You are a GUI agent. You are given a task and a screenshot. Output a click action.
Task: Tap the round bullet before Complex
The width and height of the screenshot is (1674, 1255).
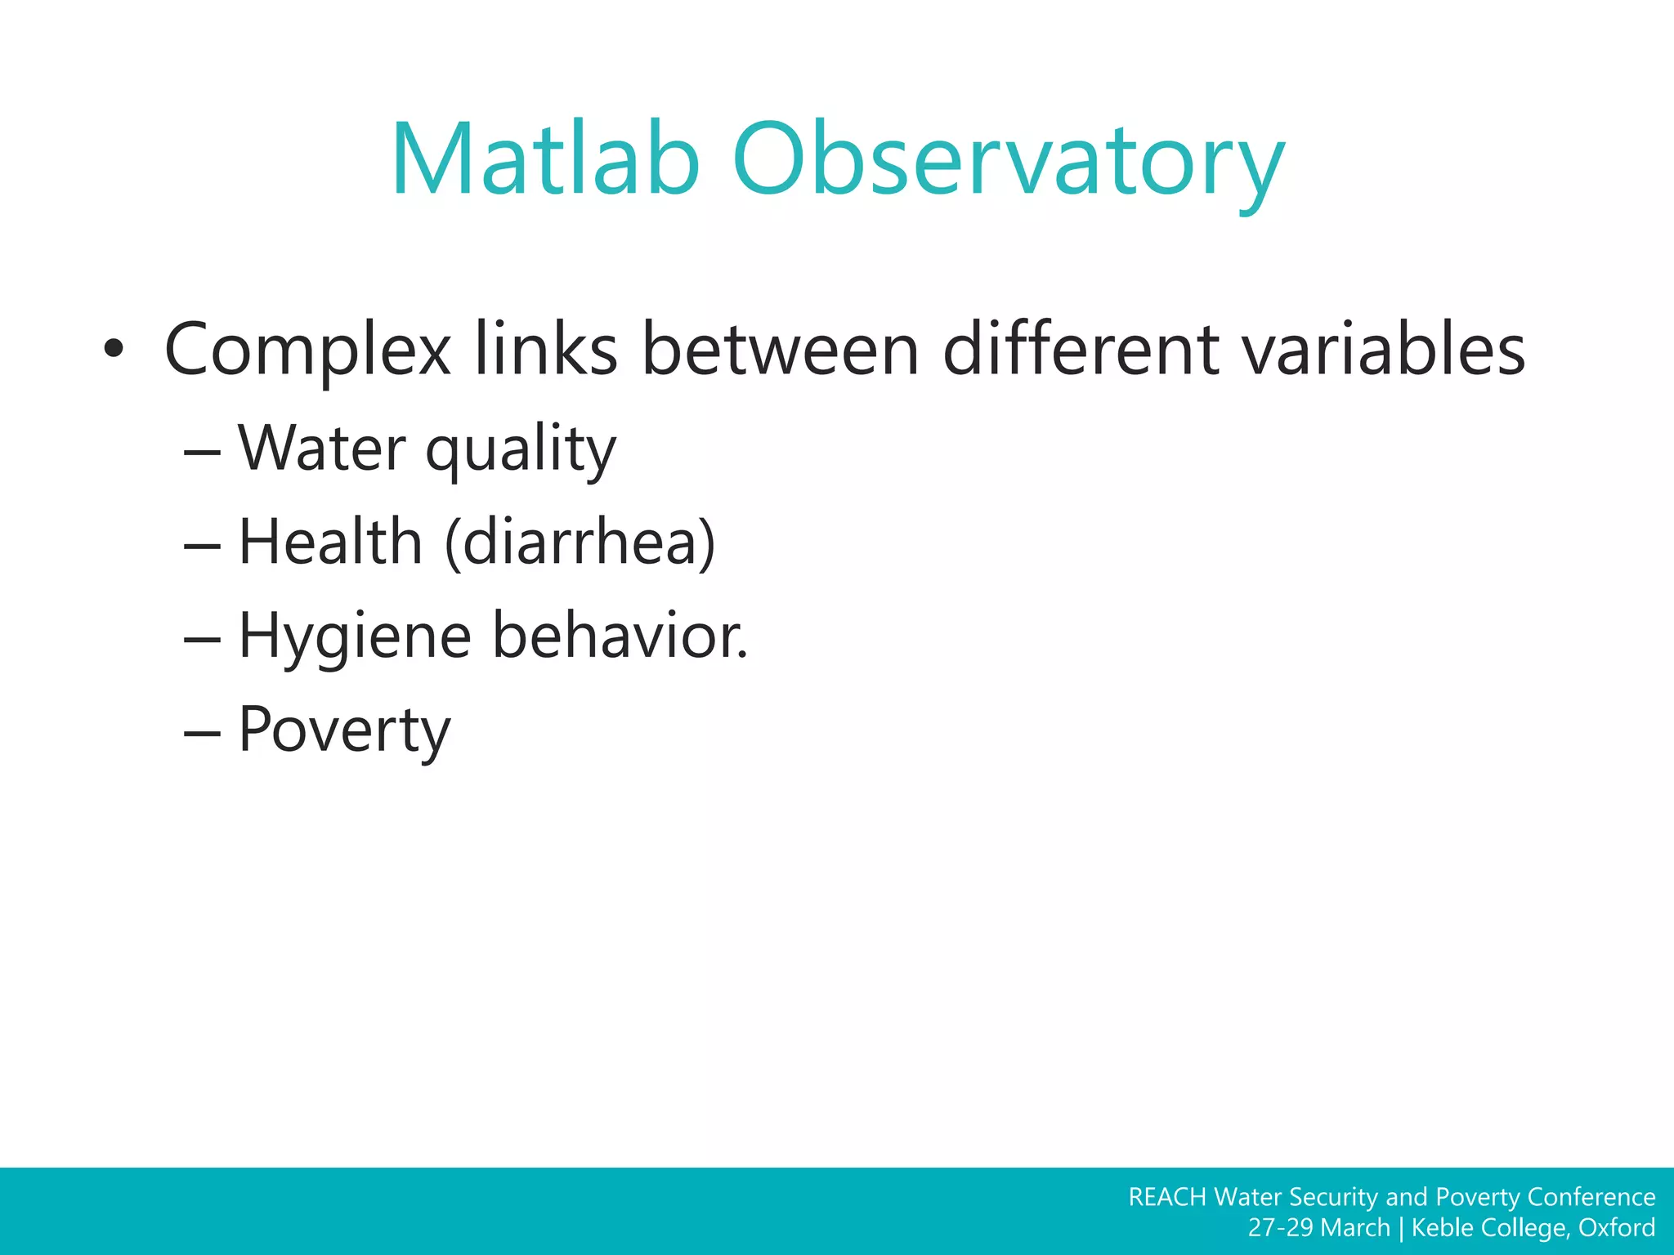[114, 350]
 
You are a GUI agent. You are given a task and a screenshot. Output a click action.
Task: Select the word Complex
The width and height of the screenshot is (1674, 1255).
[307, 350]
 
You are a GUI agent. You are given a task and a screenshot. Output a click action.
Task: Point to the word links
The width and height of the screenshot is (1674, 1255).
[545, 350]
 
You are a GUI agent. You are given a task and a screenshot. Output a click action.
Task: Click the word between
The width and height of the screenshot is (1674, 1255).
[781, 350]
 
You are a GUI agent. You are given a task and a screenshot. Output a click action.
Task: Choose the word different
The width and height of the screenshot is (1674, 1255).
[1081, 350]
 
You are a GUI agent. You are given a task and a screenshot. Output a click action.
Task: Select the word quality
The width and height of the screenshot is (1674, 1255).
[521, 451]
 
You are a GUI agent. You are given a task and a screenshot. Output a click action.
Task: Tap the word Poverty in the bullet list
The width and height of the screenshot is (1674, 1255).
[344, 730]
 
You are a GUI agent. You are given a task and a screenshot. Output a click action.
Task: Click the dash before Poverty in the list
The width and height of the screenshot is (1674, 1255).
[202, 733]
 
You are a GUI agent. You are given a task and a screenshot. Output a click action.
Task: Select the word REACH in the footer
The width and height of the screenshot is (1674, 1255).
[1166, 1197]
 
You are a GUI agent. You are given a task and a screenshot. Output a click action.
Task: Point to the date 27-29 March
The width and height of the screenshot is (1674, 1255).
[1318, 1228]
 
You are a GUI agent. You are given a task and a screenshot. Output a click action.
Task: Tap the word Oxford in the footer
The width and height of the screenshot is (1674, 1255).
[1616, 1228]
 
